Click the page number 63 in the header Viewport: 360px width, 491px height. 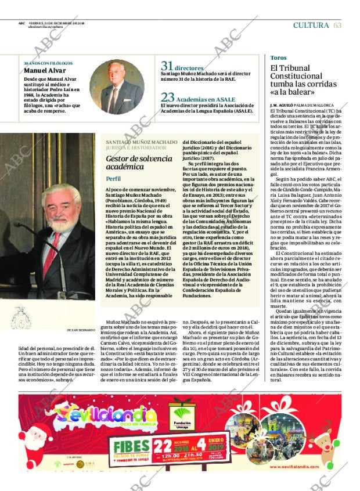(x=338, y=24)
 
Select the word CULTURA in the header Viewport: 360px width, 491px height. (x=312, y=24)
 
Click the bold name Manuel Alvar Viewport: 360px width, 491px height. (x=40, y=71)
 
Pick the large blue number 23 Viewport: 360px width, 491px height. (x=167, y=98)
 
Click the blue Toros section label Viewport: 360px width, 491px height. (x=279, y=58)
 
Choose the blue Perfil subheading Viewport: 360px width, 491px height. (x=114, y=178)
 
